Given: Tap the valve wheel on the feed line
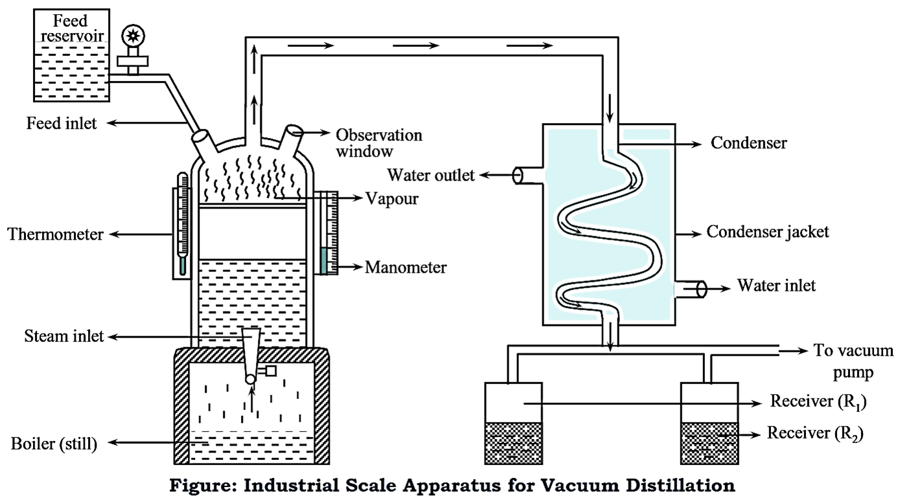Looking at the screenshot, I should (x=135, y=36).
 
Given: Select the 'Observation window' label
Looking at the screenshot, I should (x=378, y=143).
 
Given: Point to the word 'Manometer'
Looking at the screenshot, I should (x=406, y=267).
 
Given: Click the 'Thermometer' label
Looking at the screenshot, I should (x=56, y=234).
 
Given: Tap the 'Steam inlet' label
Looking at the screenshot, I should (x=64, y=336).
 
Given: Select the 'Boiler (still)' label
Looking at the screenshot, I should (x=54, y=444).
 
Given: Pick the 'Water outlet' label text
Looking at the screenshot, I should (x=431, y=175).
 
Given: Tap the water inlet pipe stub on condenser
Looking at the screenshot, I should (x=691, y=290).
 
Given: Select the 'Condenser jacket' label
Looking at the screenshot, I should (x=768, y=231).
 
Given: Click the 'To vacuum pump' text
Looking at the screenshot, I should (x=853, y=361).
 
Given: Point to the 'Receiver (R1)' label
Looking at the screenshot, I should (x=818, y=402).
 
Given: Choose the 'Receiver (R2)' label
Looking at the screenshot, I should (x=817, y=432).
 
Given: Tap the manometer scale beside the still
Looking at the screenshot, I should (x=328, y=231).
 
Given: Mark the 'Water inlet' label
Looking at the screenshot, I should (x=777, y=285).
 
